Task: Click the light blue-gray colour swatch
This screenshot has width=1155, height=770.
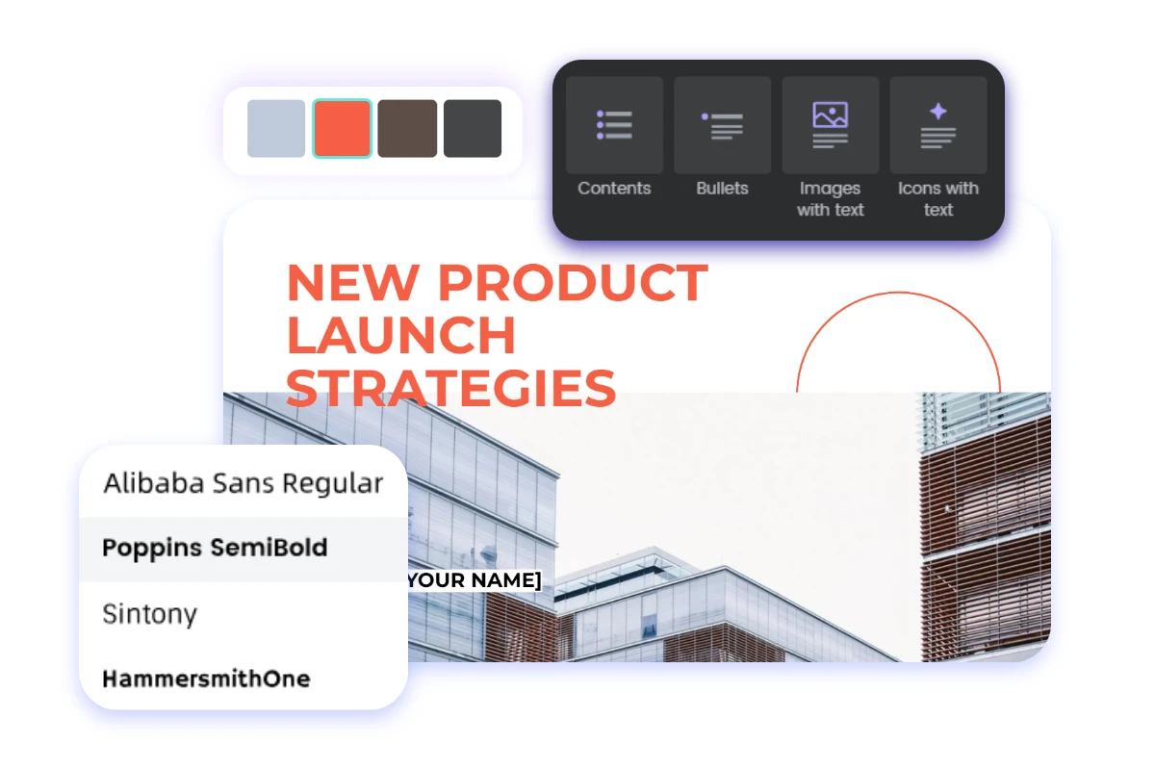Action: (276, 128)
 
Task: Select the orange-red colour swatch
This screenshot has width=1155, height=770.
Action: (342, 128)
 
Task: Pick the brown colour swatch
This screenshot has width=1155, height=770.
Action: (407, 128)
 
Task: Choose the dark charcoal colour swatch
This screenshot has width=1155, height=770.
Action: (473, 128)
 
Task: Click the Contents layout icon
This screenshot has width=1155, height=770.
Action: (614, 125)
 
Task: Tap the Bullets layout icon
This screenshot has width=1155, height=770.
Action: (722, 125)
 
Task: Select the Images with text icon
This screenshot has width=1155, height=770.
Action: (830, 125)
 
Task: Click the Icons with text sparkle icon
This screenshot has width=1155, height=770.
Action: (937, 125)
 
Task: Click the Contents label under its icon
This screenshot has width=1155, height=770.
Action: (614, 189)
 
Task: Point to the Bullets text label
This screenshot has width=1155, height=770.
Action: (722, 189)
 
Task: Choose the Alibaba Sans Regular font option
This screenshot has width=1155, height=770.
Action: (243, 483)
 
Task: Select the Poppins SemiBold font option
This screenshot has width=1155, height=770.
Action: (215, 548)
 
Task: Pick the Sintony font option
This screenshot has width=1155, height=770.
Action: (149, 614)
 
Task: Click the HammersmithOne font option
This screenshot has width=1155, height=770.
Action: (206, 679)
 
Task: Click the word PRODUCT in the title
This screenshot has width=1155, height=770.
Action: (573, 283)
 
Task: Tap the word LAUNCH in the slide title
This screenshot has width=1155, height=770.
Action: (400, 335)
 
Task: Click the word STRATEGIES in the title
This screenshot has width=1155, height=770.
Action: (450, 387)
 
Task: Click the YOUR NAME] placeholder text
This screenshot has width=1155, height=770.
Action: (474, 580)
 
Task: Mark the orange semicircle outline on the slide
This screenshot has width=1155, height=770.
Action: (898, 294)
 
